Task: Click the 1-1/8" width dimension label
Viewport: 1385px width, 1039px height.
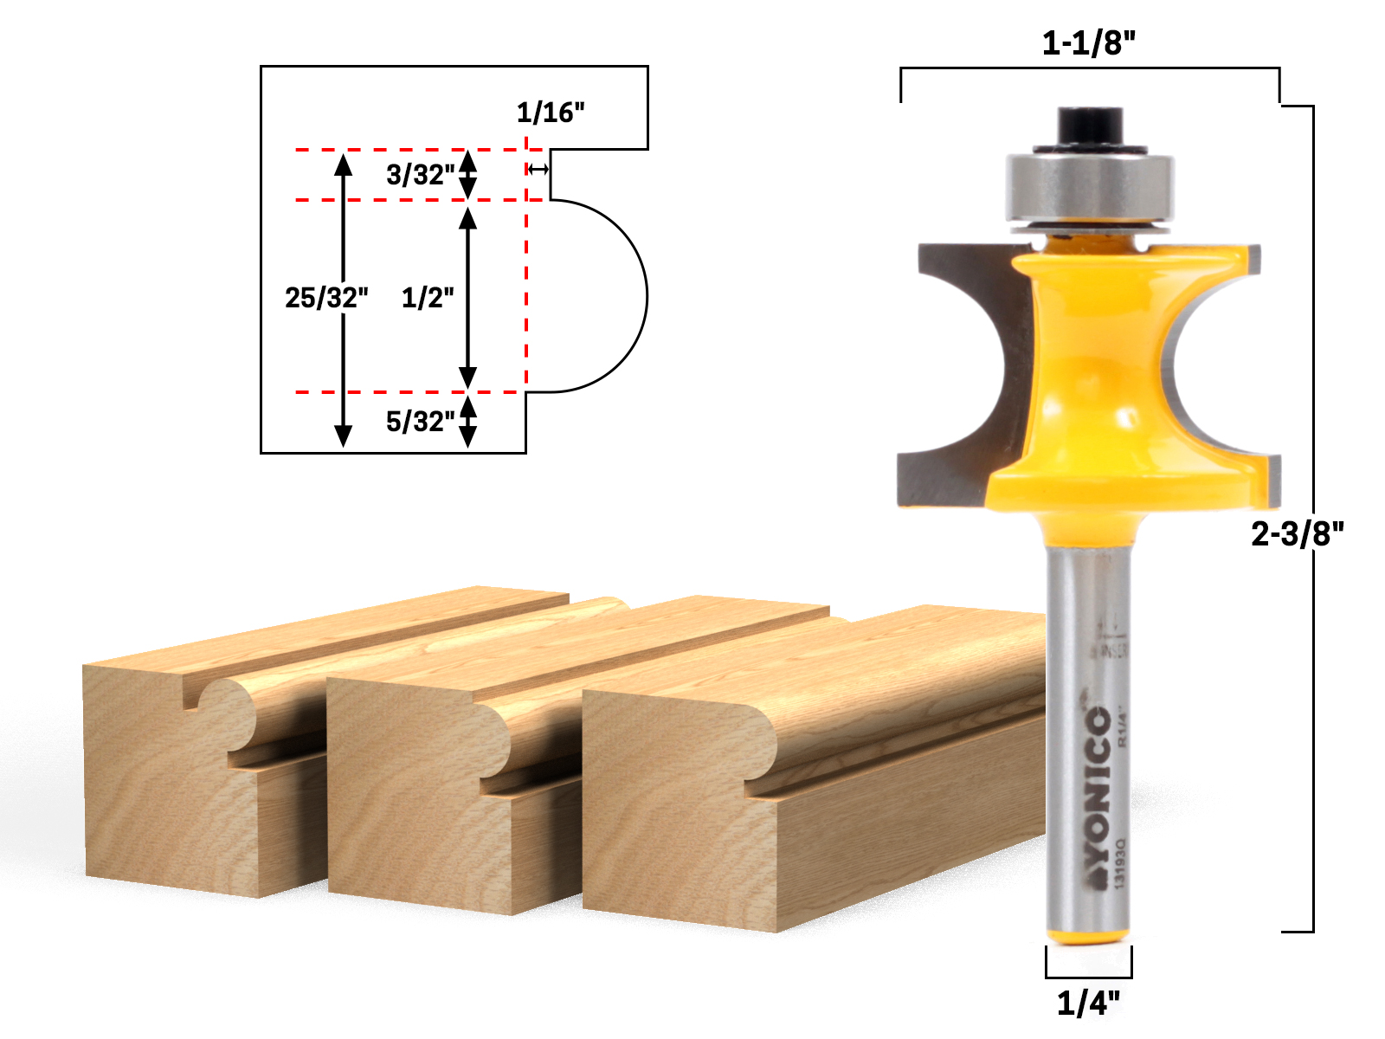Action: [1088, 42]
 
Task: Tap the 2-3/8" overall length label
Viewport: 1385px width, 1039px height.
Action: [1297, 533]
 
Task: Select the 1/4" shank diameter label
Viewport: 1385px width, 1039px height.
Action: [1088, 1004]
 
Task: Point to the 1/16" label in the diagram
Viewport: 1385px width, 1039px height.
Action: [551, 113]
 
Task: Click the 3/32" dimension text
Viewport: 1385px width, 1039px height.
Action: [420, 175]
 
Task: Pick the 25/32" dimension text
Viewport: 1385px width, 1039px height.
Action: [326, 298]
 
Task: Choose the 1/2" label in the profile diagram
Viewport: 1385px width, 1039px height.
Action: [428, 298]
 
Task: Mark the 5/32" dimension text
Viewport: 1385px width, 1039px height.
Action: [420, 422]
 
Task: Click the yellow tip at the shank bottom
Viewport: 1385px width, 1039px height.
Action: [1088, 937]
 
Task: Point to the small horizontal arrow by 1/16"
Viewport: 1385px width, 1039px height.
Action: [538, 169]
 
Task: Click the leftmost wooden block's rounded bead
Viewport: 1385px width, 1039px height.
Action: [227, 710]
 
